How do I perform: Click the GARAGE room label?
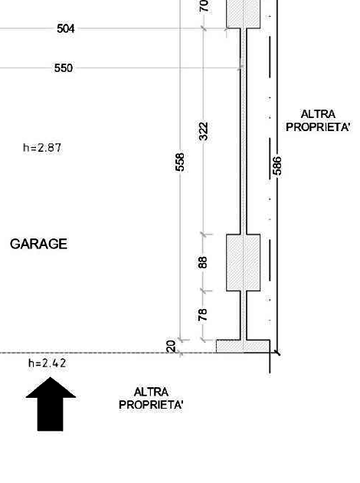[39, 244]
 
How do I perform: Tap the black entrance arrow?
[51, 404]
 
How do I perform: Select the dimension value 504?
[66, 28]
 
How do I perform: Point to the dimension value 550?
[64, 67]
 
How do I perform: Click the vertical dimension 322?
[204, 131]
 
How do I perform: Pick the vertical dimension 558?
[180, 162]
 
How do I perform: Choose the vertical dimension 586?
[277, 166]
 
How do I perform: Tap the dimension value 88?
[203, 262]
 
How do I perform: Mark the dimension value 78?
[203, 315]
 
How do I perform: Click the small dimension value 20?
[171, 347]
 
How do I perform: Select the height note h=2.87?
[42, 147]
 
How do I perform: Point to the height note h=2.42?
[47, 363]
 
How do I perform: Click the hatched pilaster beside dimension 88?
[244, 262]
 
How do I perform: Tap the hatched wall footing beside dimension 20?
[243, 346]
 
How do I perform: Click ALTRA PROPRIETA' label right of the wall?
[318, 120]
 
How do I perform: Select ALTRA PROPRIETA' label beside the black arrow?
[151, 399]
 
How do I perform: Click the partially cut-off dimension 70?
[204, 6]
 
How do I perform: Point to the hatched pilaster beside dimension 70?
[244, 14]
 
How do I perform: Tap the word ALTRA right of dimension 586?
[318, 114]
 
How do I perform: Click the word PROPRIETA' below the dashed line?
[151, 405]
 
